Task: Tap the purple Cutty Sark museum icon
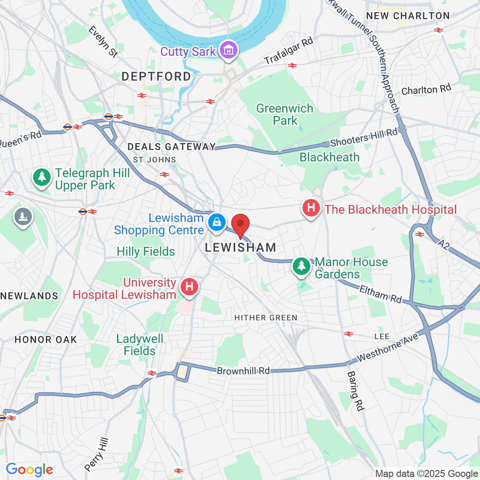[x=229, y=50]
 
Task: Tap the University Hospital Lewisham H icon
[x=189, y=287]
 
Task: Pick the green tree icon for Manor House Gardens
[x=301, y=266]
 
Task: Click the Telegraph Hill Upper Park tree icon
[x=42, y=177]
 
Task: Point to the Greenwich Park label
[x=285, y=114]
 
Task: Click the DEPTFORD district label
[x=156, y=77]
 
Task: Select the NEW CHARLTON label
[x=408, y=16]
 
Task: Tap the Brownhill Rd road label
[x=243, y=371]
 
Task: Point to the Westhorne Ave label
[x=388, y=348]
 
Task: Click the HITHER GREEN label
[x=266, y=318]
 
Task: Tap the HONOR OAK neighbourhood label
[x=46, y=339]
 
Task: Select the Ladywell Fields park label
[x=140, y=345]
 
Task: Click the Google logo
[x=30, y=470]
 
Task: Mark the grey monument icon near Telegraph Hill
[x=22, y=216]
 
